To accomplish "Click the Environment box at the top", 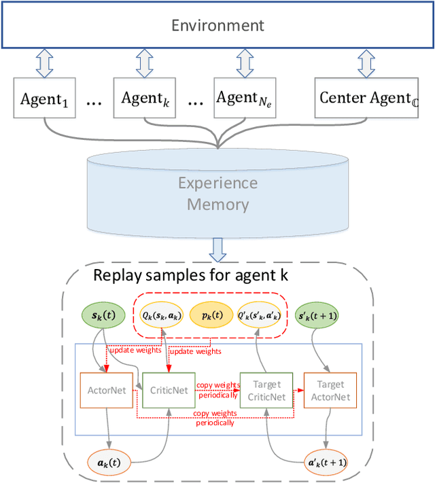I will [217, 25].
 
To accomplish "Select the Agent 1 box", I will [44, 99].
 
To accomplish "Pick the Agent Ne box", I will [244, 99].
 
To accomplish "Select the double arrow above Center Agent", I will [366, 63].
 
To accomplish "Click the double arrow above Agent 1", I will [44, 63].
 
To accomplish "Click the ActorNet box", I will [107, 390].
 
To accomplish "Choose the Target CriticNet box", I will [266, 390].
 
